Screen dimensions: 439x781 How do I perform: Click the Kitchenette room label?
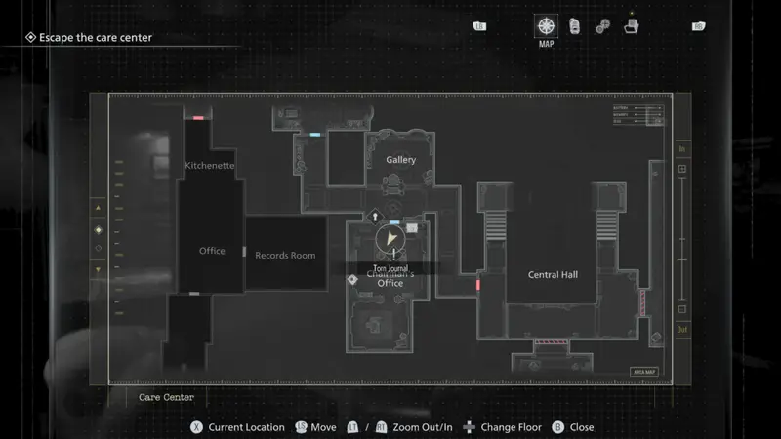tap(210, 166)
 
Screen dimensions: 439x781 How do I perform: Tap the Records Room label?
tap(285, 256)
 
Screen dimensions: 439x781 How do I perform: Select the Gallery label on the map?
tap(400, 160)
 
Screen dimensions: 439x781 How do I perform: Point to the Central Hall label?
tap(553, 275)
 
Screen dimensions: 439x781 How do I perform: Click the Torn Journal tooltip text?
tap(390, 268)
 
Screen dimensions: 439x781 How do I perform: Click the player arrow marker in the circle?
tap(390, 238)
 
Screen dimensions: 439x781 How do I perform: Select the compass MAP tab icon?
tap(547, 25)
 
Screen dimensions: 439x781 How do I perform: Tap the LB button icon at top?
tap(479, 26)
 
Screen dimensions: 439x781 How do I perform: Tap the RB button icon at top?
tap(698, 26)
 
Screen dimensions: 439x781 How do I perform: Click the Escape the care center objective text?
tap(95, 38)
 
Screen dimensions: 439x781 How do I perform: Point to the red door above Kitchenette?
tap(198, 118)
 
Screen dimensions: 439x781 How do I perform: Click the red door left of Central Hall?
tap(477, 285)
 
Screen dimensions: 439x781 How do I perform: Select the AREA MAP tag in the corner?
tap(644, 371)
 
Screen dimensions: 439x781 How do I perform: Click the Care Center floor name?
tap(166, 398)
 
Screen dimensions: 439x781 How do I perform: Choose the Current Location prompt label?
tap(246, 427)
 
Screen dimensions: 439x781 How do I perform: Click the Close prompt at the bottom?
tap(582, 427)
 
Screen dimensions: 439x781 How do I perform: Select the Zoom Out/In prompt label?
tap(422, 427)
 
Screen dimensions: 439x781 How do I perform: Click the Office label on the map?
tap(212, 251)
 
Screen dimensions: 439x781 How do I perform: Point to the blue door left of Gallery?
tap(314, 134)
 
